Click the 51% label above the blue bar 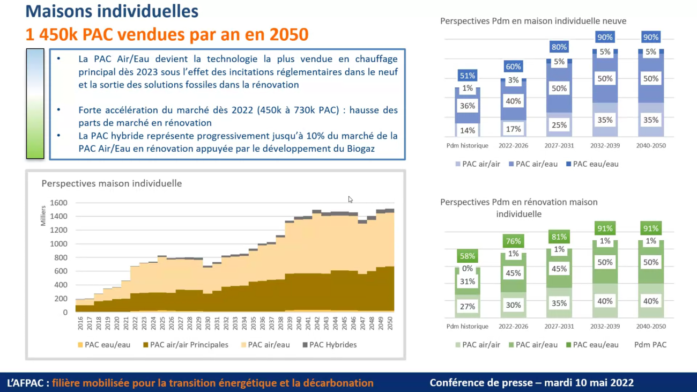click(467, 76)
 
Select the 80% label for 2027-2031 click(559, 47)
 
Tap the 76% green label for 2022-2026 click(513, 241)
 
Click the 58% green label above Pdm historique click(467, 256)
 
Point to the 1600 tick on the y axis click(59, 203)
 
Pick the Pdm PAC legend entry click(650, 345)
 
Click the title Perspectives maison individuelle click(112, 183)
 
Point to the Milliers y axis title click(43, 215)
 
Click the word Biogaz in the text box click(359, 149)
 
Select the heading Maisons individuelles click(112, 11)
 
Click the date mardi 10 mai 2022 click(589, 383)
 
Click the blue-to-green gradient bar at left click(35, 103)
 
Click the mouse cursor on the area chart click(350, 199)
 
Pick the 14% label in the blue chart click(467, 130)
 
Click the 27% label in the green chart click(467, 307)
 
